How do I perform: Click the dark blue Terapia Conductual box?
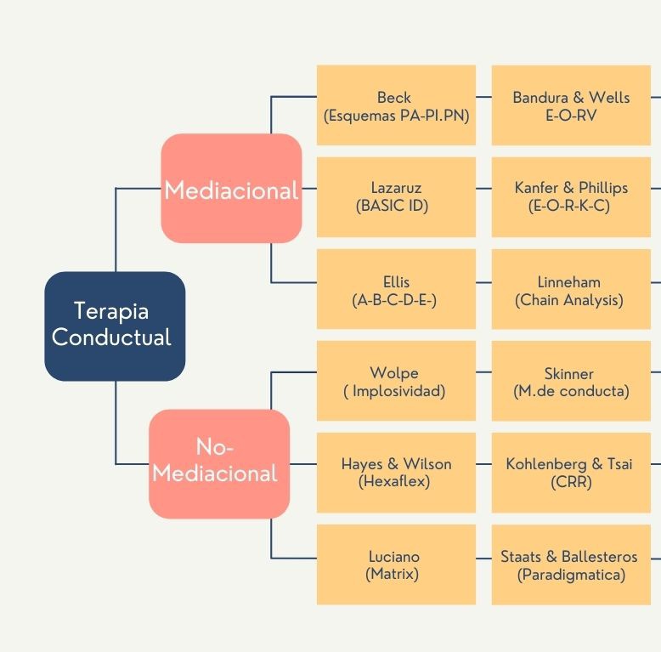point(115,326)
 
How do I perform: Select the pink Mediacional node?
point(231,188)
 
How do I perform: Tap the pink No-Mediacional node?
point(219,464)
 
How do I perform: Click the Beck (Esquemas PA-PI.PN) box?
point(396,105)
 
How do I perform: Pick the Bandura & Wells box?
point(571,105)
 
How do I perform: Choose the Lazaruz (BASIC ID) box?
point(396,197)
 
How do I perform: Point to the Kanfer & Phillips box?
point(571,197)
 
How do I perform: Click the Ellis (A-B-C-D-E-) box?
point(396,289)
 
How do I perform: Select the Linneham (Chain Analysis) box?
point(571,289)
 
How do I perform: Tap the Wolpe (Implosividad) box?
point(396,381)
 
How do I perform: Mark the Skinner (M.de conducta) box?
point(571,381)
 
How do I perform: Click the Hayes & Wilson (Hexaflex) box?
point(396,473)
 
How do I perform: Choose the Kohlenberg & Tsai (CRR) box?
point(571,473)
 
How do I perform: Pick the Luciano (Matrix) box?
point(396,564)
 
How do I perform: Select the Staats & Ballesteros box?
point(571,564)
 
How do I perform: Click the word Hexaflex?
point(394,481)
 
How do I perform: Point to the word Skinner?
point(568,374)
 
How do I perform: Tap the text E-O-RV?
point(571,115)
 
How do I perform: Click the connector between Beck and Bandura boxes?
point(484,97)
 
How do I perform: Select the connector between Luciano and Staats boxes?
point(484,558)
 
